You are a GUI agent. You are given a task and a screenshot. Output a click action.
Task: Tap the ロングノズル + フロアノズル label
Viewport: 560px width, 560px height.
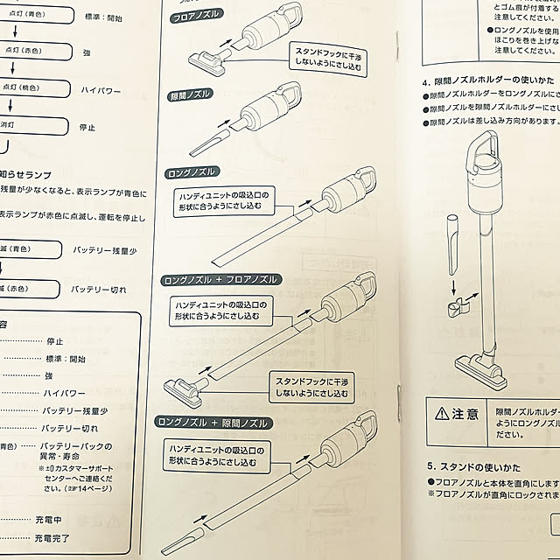[x=220, y=279]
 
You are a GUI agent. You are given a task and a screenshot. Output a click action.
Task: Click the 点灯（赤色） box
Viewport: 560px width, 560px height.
[x=21, y=51]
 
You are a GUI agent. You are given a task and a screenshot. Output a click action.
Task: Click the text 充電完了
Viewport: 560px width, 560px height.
[x=62, y=537]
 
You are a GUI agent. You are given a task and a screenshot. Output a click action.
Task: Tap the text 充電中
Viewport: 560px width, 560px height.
[x=58, y=518]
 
